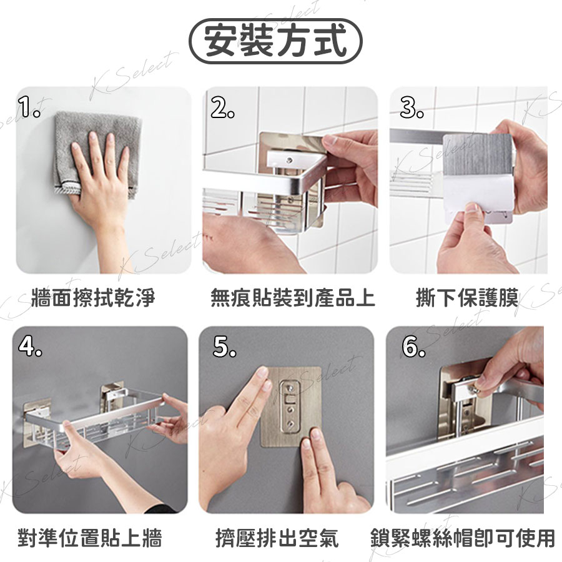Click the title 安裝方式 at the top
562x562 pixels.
275,41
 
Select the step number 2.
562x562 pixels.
222,108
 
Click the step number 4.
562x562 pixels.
30,346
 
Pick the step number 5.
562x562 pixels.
225,347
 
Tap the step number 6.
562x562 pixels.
413,347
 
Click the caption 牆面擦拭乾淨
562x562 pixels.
93,297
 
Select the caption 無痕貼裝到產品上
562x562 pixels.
292,297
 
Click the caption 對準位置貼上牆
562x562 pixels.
90,537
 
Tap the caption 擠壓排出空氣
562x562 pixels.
277,537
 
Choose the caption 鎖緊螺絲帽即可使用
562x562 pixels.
463,537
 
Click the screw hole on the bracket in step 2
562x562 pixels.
289,158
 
